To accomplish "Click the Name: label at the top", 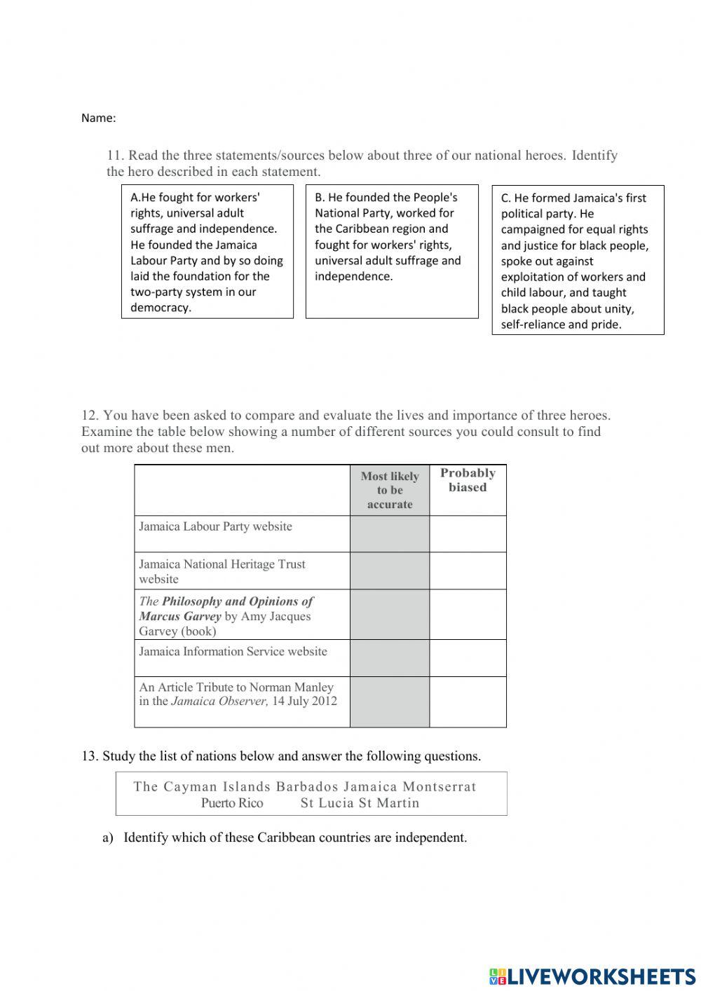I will tap(98, 118).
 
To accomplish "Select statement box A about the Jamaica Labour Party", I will tap(207, 252).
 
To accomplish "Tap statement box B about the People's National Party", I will tap(391, 251).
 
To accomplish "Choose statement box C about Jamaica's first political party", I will tap(578, 261).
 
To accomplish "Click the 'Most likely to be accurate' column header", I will tap(390, 490).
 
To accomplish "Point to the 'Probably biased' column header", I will tap(468, 480).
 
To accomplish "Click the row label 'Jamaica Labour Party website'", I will tap(215, 526).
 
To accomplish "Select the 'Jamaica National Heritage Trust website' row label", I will tap(222, 571).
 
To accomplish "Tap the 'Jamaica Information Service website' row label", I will tap(233, 651).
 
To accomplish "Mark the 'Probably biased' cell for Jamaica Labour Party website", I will tap(468, 534).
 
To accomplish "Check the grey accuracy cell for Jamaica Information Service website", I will tap(390, 658).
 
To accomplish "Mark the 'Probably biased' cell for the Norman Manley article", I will tap(468, 702).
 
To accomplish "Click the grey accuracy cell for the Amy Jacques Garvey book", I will tap(390, 615).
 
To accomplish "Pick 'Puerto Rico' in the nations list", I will tap(232, 803).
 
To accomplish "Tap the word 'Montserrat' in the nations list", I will tap(440, 786).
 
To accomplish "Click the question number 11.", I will tap(114, 156).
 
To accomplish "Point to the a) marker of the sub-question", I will tap(108, 838).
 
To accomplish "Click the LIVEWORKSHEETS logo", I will tap(592, 976).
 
